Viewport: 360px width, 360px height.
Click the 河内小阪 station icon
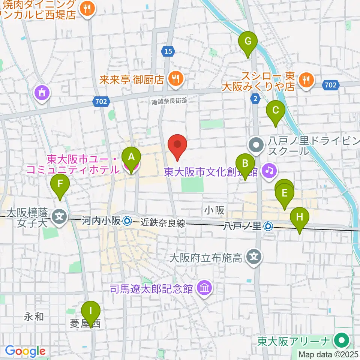point(127,222)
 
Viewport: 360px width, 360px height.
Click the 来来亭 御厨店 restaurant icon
point(175,79)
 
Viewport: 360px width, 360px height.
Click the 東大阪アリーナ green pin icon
point(342,341)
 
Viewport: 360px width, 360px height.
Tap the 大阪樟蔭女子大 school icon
point(60,216)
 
